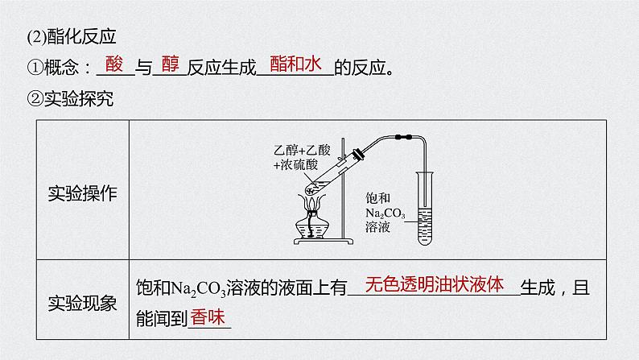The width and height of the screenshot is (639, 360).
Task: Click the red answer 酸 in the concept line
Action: coord(113,66)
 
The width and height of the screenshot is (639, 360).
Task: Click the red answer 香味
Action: coord(208,318)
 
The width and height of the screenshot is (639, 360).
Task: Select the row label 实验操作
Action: coord(82,193)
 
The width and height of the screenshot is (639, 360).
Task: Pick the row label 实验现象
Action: coord(82,303)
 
